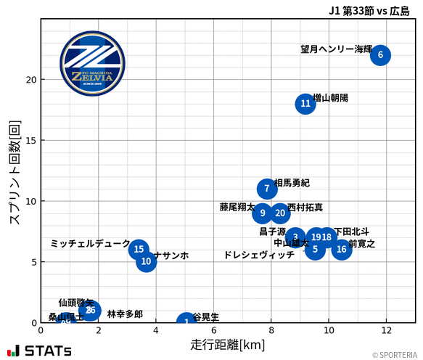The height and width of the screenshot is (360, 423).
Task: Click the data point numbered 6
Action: click(380, 55)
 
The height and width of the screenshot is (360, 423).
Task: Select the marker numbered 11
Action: click(305, 104)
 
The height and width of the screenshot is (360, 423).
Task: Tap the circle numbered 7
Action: click(267, 189)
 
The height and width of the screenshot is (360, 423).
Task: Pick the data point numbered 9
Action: click(263, 213)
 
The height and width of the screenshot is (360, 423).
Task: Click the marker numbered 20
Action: click(280, 213)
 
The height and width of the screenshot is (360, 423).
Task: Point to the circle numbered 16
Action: click(341, 250)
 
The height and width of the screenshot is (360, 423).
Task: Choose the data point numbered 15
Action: click(139, 250)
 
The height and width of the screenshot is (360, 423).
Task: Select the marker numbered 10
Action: click(147, 261)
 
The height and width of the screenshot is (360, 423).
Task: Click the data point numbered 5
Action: click(314, 250)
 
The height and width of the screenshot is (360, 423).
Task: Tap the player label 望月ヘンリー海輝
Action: click(336, 49)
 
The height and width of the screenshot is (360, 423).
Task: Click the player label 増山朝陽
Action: click(330, 97)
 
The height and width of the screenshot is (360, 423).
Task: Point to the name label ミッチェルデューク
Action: click(90, 244)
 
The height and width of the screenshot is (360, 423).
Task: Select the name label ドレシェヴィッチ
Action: click(259, 255)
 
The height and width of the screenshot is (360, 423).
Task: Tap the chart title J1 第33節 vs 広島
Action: click(369, 10)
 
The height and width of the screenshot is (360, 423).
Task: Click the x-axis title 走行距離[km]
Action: click(228, 343)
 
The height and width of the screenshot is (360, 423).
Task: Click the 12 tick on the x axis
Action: click(386, 331)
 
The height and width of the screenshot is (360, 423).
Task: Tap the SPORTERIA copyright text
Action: click(395, 355)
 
